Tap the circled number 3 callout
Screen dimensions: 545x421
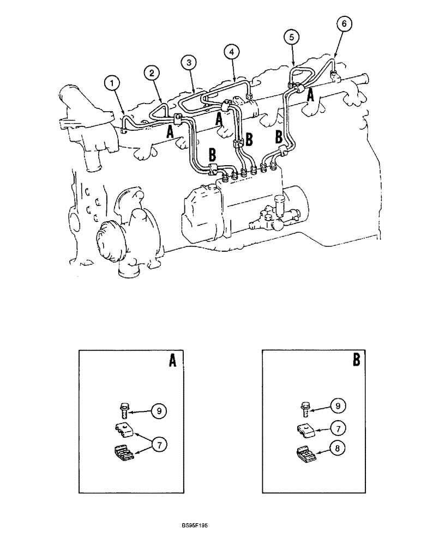pyautogui.click(x=189, y=63)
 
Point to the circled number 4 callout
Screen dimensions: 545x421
pyautogui.click(x=232, y=52)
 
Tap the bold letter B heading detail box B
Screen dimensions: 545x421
pyautogui.click(x=356, y=360)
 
